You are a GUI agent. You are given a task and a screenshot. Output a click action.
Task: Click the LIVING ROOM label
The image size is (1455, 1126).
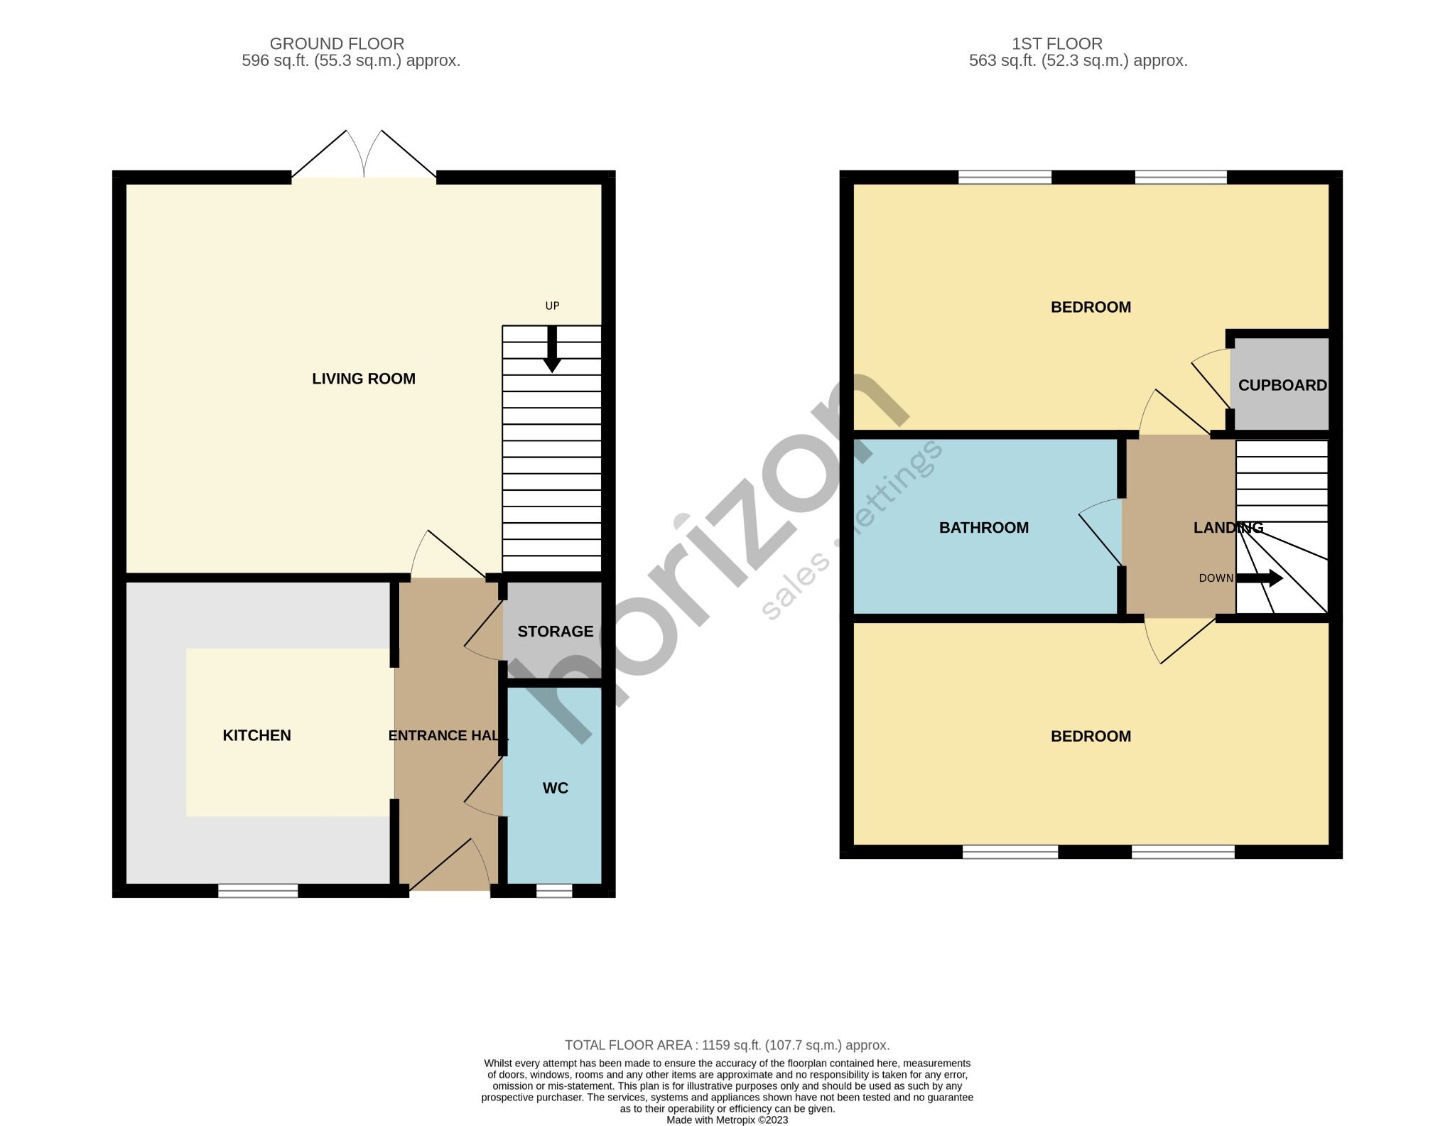(363, 379)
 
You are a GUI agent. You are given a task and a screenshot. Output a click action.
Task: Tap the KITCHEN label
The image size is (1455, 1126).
(256, 735)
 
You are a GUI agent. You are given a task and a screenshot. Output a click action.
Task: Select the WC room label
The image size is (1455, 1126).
(555, 788)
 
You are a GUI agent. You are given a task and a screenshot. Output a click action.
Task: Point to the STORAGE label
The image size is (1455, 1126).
(555, 632)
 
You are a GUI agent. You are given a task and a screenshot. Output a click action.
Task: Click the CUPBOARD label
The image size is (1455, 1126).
(1282, 385)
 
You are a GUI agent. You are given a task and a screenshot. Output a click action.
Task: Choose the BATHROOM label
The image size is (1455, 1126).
(983, 528)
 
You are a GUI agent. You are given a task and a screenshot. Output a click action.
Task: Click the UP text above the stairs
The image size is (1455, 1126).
(552, 306)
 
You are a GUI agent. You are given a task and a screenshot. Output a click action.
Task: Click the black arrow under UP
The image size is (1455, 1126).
(552, 352)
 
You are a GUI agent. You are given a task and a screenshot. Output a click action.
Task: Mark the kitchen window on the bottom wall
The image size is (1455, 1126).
(258, 891)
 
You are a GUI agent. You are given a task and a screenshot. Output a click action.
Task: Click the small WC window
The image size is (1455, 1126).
(554, 891)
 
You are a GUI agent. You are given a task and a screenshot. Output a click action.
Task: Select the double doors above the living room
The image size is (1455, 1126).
(364, 156)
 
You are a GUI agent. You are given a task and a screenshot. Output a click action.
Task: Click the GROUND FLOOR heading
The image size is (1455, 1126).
(337, 44)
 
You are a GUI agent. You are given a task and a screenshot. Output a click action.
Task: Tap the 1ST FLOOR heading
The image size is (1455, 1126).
(1057, 44)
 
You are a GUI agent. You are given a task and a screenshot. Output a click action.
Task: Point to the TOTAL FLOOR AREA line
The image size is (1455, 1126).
(727, 1045)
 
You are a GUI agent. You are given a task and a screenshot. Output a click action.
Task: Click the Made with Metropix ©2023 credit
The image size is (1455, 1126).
(727, 1120)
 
